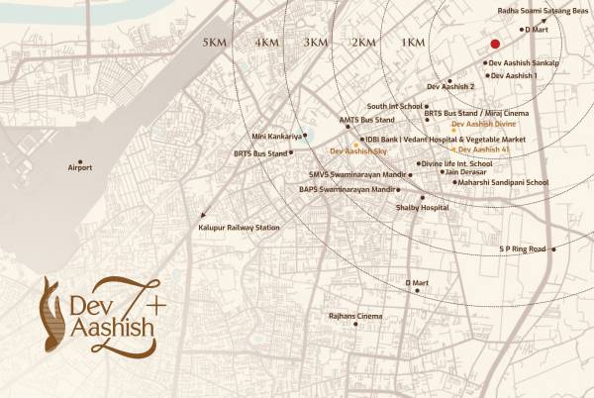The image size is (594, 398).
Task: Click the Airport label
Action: point(79,168)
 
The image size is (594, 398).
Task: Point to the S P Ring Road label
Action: point(522,249)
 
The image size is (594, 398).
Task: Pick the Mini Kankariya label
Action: point(274,136)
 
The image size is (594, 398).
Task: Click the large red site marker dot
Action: point(493,44)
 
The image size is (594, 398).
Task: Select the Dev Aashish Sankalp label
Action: point(525,63)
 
